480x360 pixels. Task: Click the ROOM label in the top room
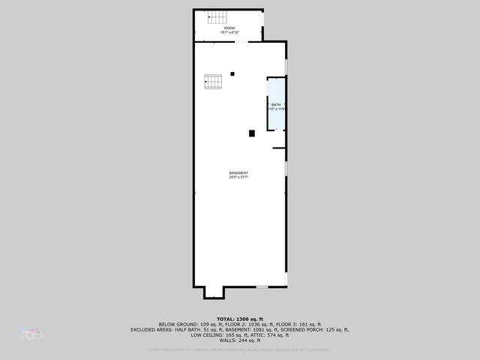(229, 28)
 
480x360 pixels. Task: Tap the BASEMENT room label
(238, 173)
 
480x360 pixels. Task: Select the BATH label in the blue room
(276, 104)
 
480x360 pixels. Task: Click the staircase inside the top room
(216, 18)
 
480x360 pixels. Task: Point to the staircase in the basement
(214, 81)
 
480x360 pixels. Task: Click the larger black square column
(252, 133)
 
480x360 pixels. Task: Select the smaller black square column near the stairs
(232, 73)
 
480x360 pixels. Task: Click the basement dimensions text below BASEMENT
(238, 178)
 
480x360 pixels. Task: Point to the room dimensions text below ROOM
(229, 32)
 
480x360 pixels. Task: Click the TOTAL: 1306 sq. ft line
(240, 319)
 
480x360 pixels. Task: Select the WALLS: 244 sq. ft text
(240, 340)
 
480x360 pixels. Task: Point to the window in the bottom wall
(262, 287)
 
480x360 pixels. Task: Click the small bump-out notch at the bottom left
(213, 292)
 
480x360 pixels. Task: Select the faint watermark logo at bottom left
(32, 332)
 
